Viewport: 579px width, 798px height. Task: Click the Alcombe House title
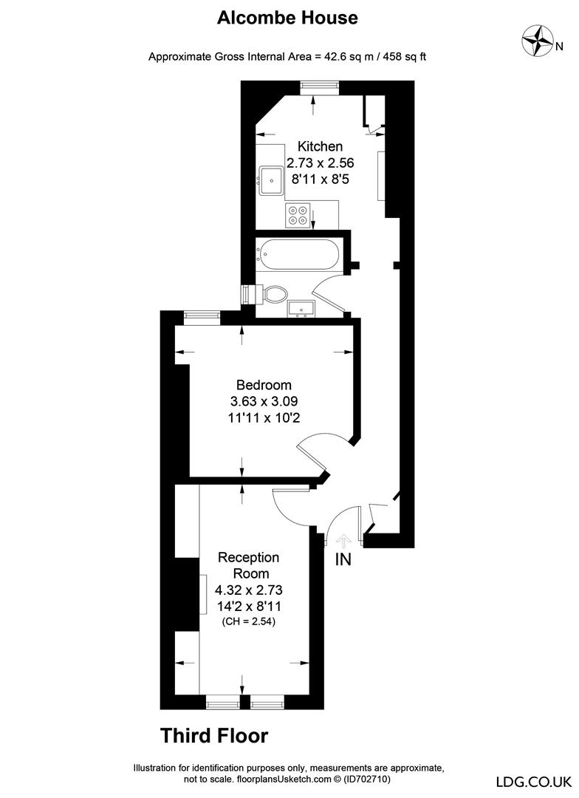[287, 18]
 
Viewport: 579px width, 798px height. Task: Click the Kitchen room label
[320, 146]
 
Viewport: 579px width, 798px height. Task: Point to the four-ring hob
[300, 214]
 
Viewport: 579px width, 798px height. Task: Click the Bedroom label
[264, 385]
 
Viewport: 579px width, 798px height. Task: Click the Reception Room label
[247, 565]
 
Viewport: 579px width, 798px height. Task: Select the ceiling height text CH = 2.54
[247, 622]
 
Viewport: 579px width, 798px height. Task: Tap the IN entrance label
[343, 559]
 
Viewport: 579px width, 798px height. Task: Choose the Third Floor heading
[214, 735]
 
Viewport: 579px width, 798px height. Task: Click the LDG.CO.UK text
[532, 781]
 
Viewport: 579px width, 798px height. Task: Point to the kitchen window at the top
[319, 86]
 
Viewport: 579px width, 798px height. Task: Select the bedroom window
[201, 316]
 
